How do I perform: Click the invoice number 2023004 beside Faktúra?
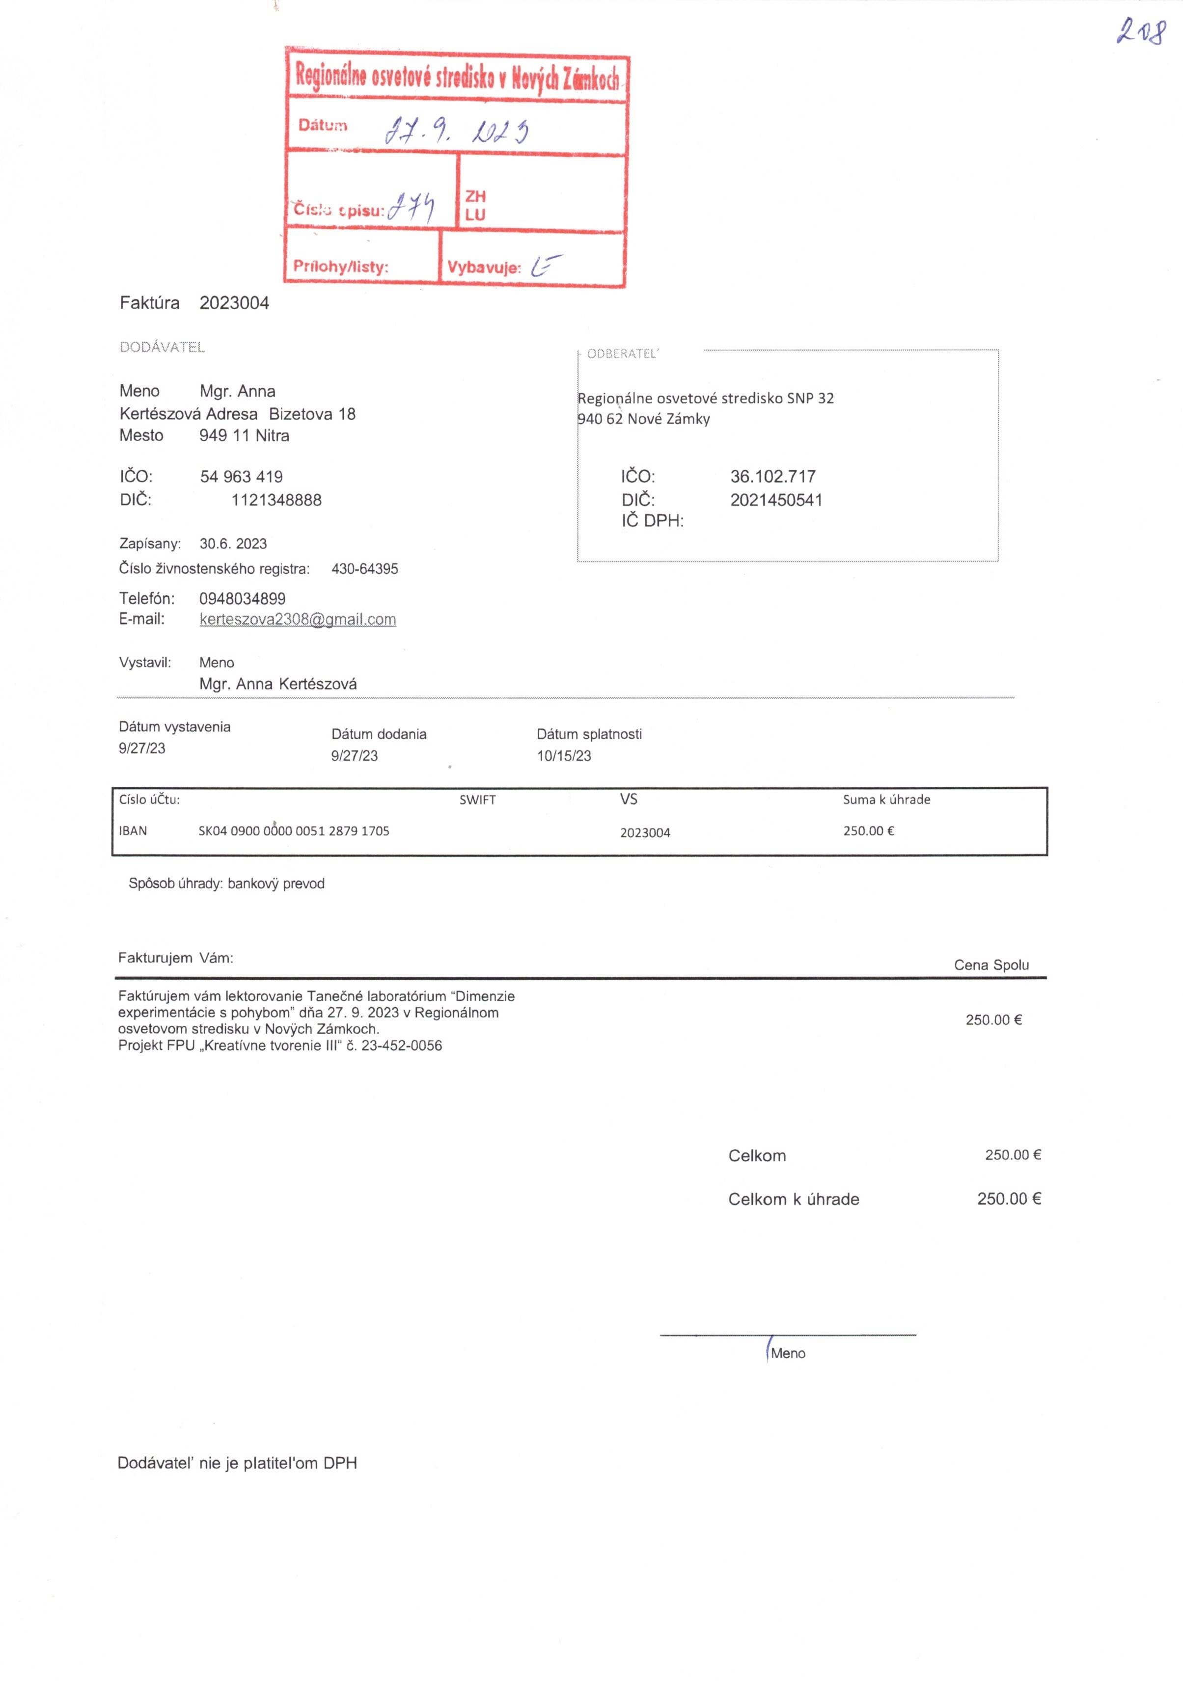coord(234,303)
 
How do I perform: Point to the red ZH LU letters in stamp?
coord(475,205)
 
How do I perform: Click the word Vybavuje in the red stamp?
coord(483,268)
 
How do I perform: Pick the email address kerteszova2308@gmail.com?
coord(297,619)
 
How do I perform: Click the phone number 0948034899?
coord(242,599)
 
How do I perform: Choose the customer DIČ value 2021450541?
coord(776,500)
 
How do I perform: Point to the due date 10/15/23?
coord(563,756)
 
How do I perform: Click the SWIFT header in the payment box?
coord(477,800)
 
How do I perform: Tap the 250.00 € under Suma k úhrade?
coord(868,831)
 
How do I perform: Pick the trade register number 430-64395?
coord(365,569)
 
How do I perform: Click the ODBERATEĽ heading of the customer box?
coord(622,353)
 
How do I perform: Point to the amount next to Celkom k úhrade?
coord(1009,1199)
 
